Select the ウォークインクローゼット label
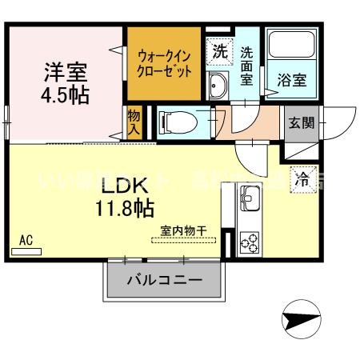tap(165, 63)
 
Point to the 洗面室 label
tap(247, 66)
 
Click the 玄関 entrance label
tap(302, 123)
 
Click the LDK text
tap(125, 186)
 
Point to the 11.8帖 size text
tap(125, 210)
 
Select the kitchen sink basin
tap(249, 196)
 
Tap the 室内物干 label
tap(184, 230)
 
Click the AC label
tap(26, 239)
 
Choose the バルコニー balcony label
tap(164, 280)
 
